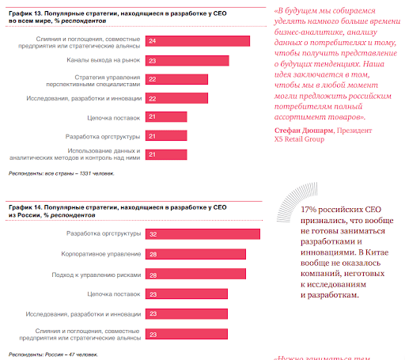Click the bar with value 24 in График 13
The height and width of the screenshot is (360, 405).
198,40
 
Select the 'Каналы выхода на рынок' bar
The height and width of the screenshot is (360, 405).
187,60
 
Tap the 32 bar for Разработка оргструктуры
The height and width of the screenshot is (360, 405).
203,233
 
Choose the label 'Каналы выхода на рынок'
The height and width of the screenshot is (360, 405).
104,60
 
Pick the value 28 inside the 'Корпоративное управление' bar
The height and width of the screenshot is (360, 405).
153,254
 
